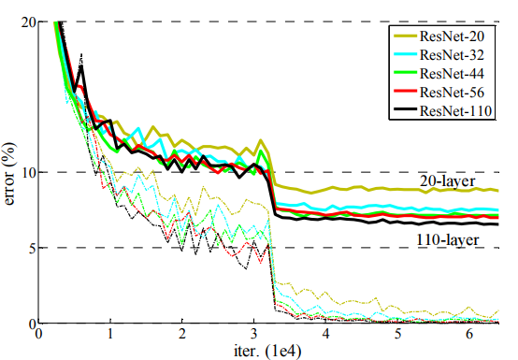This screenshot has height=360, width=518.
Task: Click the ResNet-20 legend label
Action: point(452,36)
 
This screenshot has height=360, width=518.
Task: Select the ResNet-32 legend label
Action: point(452,54)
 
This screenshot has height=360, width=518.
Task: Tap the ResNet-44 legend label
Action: point(452,73)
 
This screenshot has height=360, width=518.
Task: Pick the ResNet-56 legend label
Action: point(452,92)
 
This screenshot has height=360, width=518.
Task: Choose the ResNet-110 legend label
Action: point(455,110)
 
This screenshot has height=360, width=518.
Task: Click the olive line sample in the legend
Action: point(404,35)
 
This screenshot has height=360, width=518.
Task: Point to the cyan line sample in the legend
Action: point(404,53)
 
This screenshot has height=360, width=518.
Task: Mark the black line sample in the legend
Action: point(404,109)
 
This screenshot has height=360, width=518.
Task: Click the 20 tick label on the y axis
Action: point(29,22)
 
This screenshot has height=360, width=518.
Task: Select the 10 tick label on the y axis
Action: point(29,172)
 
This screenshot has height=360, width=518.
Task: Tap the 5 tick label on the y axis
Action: point(33,248)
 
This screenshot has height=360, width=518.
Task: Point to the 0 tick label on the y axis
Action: point(33,324)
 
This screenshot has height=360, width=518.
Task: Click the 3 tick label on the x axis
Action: point(253,334)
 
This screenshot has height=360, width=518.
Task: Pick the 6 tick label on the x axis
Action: point(469,334)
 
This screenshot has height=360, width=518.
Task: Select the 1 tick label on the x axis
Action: point(110,334)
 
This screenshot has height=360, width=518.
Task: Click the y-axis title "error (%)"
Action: point(9,173)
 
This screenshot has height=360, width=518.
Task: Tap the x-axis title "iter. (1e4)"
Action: point(267,352)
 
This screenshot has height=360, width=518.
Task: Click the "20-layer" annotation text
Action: point(448,181)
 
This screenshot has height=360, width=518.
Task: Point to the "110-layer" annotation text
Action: point(447,239)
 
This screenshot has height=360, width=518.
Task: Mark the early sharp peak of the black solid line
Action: point(81,67)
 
